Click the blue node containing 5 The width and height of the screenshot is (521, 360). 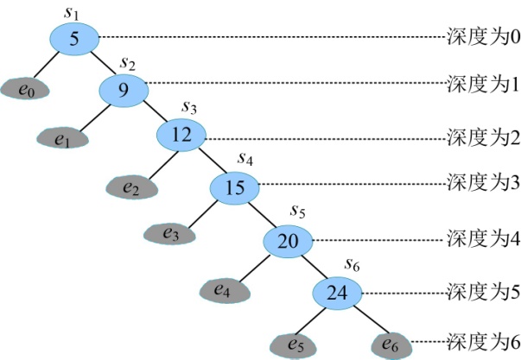(75, 39)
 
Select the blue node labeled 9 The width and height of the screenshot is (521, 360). (124, 91)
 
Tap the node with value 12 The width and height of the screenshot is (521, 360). (181, 136)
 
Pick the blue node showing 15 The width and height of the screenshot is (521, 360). (235, 188)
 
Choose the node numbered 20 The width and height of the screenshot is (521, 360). (288, 242)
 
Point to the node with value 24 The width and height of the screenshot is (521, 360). (337, 294)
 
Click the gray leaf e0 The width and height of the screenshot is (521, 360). (25, 89)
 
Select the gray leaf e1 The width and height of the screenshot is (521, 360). (63, 138)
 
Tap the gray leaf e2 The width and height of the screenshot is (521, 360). (132, 187)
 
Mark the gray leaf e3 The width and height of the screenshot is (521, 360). (170, 234)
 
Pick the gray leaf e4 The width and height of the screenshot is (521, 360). (225, 291)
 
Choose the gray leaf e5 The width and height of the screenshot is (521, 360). (293, 347)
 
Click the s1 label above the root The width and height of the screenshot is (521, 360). (71, 13)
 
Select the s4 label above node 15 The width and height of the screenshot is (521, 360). (245, 159)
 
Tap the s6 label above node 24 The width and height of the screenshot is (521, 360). (352, 265)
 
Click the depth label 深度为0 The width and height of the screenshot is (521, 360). (483, 37)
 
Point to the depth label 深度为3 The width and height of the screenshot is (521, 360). (483, 182)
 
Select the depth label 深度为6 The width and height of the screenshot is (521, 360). (483, 342)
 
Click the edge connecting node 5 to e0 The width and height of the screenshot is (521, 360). (46, 66)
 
